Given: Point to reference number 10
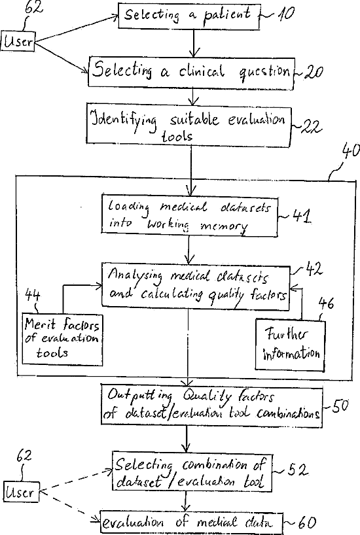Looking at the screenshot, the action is tap(285, 14).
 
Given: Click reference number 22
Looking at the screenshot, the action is tap(310, 127).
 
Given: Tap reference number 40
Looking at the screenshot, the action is tap(351, 151).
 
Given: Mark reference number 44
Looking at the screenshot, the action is tap(33, 294).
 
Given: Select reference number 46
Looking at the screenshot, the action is tap(326, 303).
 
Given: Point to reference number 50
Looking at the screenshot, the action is tap(340, 406).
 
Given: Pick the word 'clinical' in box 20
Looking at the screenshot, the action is tap(202, 72).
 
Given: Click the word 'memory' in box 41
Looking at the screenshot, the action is tap(224, 226).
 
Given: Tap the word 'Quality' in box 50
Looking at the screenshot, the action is tap(207, 396).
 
